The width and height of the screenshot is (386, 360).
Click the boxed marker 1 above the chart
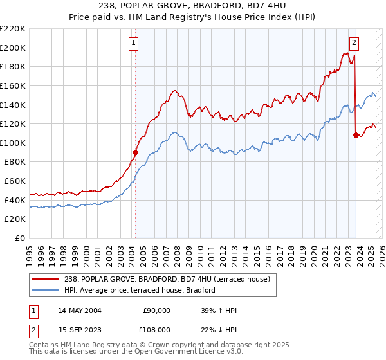pyautogui.click(x=133, y=43)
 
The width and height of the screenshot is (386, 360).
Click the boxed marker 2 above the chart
pyautogui.click(x=354, y=43)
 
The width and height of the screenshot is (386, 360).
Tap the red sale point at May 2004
pyautogui.click(x=135, y=152)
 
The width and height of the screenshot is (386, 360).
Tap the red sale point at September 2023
pyautogui.click(x=356, y=135)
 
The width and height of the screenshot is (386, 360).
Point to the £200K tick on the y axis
pyautogui.click(x=13, y=48)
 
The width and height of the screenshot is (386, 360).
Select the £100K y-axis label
pyautogui.click(x=13, y=143)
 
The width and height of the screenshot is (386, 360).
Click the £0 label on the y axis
pyautogui.click(x=21, y=238)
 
